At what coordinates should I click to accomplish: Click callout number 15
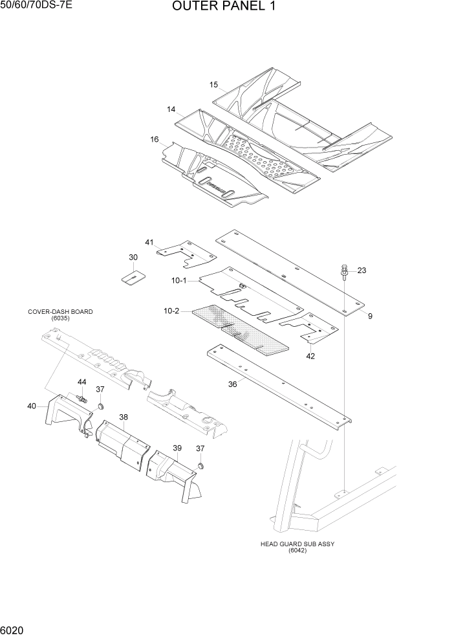pos(214,85)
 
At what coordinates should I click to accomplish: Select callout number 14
pos(171,109)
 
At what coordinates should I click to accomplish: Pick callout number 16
pos(155,139)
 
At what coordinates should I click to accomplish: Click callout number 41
pos(149,242)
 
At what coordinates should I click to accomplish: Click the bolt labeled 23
pos(343,272)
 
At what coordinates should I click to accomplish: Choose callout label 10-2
pos(171,311)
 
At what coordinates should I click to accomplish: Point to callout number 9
pos(371,315)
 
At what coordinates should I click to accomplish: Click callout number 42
pos(310,355)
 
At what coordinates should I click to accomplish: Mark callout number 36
pos(232,384)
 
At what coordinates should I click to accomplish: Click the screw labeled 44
pos(82,397)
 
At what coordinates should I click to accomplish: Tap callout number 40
pos(32,406)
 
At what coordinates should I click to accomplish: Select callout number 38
pos(123,417)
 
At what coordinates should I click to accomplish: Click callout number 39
pos(177,448)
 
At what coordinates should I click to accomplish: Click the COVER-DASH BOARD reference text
pos(60,315)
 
